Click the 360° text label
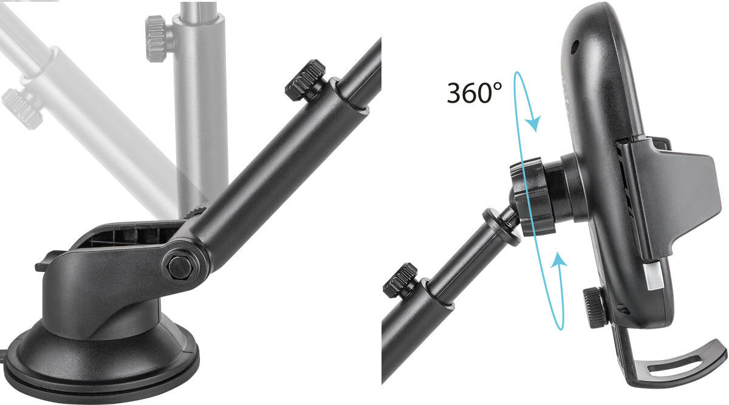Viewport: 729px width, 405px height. [x=474, y=93]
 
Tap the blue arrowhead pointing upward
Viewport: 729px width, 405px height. [x=558, y=260]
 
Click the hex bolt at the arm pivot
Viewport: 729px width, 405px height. [x=180, y=267]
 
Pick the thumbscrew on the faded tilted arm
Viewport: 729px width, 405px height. [x=21, y=108]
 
